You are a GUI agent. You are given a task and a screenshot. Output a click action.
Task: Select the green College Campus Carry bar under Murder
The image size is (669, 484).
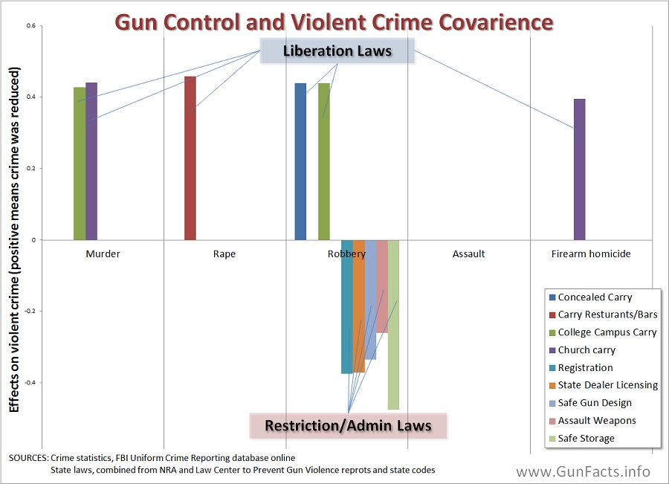click(80, 164)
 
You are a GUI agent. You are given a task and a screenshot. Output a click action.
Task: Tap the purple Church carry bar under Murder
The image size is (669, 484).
click(91, 161)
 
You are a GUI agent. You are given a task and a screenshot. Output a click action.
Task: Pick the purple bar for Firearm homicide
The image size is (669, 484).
click(579, 170)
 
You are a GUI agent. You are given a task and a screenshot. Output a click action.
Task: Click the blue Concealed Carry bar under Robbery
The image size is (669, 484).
click(300, 161)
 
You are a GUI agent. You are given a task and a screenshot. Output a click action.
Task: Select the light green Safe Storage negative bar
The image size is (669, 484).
click(393, 324)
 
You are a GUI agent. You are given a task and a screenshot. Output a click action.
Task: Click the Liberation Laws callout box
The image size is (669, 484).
click(336, 51)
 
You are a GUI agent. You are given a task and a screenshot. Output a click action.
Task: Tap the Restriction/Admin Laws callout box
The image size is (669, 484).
click(349, 425)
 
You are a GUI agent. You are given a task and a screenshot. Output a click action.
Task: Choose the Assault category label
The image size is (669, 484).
click(468, 254)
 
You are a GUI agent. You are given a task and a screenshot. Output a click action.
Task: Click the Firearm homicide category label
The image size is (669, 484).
click(591, 254)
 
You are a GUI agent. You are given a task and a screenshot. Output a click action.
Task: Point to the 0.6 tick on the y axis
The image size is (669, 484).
click(30, 26)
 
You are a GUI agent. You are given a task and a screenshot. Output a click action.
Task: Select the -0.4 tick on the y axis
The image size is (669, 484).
click(29, 383)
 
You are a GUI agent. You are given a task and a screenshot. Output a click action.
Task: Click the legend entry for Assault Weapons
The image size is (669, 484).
click(596, 421)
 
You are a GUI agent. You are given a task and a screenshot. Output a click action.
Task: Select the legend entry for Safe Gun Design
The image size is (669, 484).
click(595, 403)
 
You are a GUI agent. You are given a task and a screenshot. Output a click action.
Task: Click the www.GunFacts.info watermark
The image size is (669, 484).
click(583, 471)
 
